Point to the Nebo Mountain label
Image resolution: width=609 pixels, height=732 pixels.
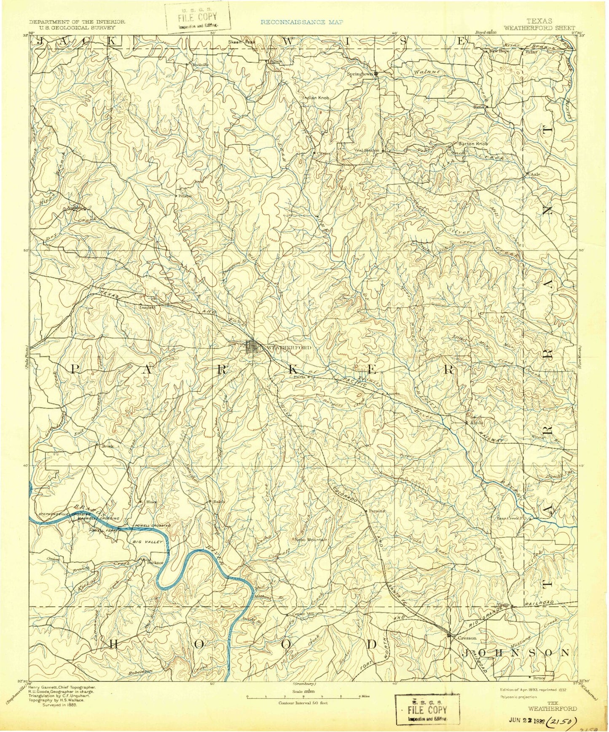click(x=311, y=540)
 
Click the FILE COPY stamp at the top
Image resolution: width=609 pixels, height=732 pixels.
click(x=198, y=17)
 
